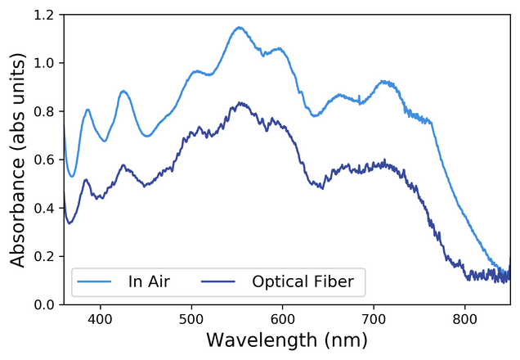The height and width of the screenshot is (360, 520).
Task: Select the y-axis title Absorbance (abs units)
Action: pyautogui.click(x=18, y=160)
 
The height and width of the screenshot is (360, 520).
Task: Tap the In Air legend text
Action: pyautogui.click(x=150, y=282)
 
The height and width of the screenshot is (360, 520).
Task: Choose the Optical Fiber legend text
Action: pyautogui.click(x=303, y=282)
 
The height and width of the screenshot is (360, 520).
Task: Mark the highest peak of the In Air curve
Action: pyautogui.click(x=239, y=27)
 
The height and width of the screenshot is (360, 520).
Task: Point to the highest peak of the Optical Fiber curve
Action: pyautogui.click(x=240, y=103)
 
